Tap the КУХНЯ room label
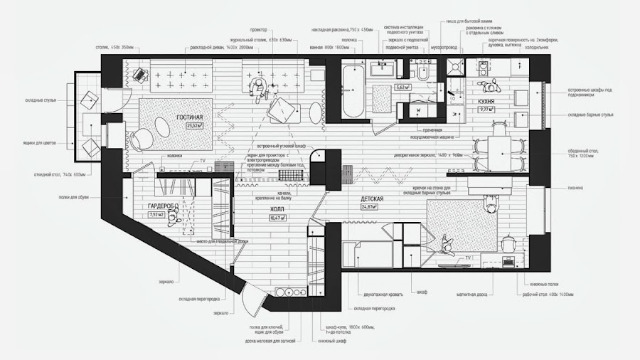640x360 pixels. pos(486,101)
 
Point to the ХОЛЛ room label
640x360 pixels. pos(277,210)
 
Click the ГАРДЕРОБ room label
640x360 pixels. pos(161,206)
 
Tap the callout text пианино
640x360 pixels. pos(575,188)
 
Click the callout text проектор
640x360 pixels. pos(258,30)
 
